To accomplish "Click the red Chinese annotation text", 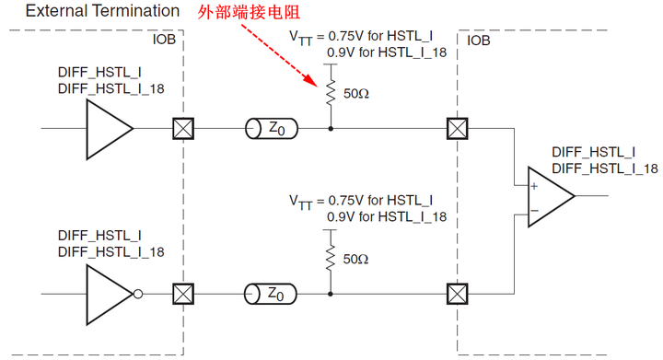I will [x=254, y=14].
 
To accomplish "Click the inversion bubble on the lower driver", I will [x=138, y=295].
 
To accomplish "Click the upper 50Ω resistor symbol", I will [x=331, y=93].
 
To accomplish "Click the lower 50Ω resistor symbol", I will [x=331, y=259].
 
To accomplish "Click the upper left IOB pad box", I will [x=183, y=129].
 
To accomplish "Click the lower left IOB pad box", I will [x=183, y=295].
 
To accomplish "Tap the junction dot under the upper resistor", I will [x=331, y=129].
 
